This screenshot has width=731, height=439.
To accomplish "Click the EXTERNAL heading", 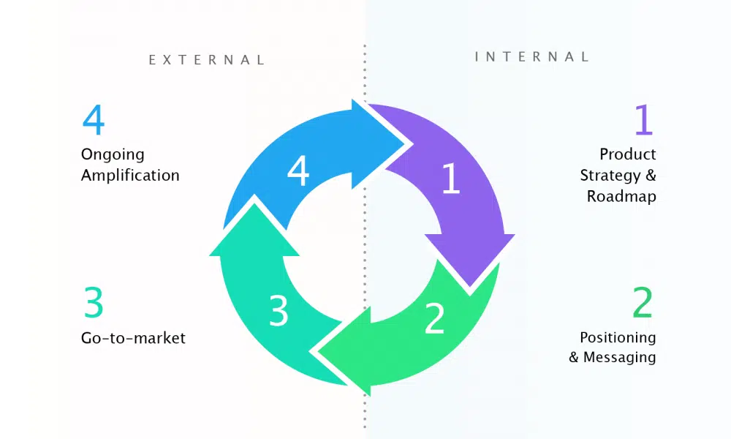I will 207,60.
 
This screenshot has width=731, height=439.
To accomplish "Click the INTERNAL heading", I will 531,56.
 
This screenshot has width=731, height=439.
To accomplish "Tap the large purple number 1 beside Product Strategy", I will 643,120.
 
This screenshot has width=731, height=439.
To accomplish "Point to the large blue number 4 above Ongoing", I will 93,120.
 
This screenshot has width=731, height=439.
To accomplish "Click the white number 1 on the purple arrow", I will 451,179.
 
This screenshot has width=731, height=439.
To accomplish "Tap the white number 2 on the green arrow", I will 434,318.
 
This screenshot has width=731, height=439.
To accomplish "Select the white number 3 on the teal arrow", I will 279,310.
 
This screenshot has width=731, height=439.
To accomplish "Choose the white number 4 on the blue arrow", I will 298,172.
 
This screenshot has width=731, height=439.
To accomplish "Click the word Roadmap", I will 621,197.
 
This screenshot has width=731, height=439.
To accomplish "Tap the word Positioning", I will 618,337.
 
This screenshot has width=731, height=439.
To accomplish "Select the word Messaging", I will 619,358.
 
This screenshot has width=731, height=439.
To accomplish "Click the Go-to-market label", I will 133,338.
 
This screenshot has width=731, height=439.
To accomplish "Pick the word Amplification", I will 130,176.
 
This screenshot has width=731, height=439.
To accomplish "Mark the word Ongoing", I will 113,155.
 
